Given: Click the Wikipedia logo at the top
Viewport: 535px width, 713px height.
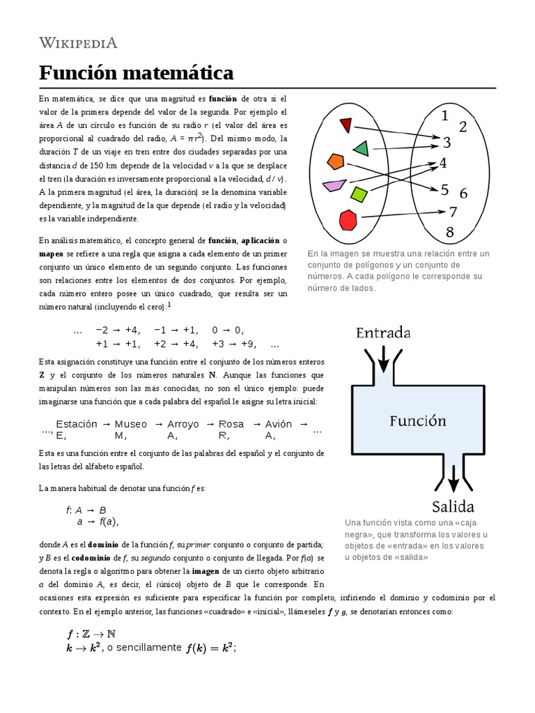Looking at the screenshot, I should pos(78,42).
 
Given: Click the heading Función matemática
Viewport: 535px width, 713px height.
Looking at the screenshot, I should pos(136,72).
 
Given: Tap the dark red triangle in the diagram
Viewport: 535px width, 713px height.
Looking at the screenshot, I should pos(346,125).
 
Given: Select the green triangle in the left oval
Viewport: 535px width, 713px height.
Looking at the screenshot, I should pos(361,148).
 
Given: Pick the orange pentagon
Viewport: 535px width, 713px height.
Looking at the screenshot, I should pos(336,162).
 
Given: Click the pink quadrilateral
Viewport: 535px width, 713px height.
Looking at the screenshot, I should pos(334,185).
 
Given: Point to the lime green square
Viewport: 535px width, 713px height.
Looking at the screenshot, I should pos(359,194).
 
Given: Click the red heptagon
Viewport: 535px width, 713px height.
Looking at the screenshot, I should pos(348,219).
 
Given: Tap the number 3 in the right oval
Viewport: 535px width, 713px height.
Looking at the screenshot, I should pos(447,143).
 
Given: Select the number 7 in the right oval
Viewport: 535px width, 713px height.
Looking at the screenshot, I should pos(452,211).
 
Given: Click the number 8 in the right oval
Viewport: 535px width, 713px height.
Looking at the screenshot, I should pos(449,232).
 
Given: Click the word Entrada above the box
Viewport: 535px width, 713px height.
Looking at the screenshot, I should pos(383,332).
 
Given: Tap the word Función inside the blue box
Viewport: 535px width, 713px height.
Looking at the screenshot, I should pos(418,421).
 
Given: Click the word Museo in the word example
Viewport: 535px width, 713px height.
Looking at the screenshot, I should pos(131,423).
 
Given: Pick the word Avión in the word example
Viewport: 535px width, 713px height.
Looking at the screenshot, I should pos(279,423).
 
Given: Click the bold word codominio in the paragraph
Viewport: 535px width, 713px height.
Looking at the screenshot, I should pos(75,558).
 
